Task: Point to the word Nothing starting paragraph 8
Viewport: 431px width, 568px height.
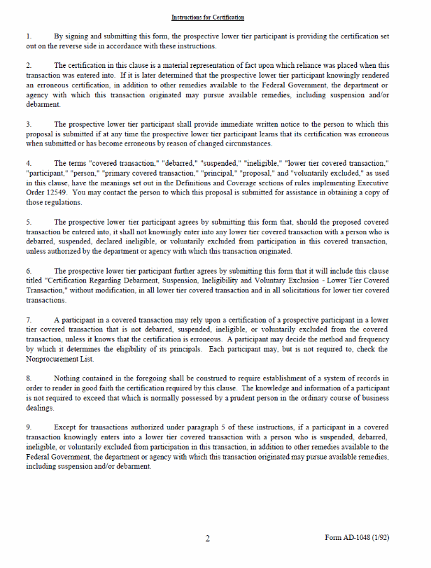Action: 69,378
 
